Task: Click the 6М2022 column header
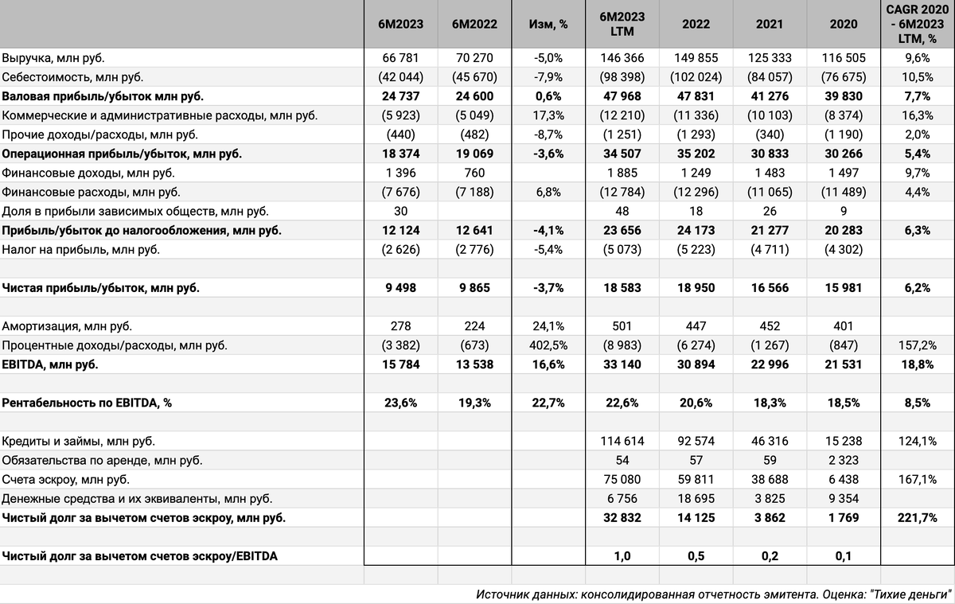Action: click(474, 24)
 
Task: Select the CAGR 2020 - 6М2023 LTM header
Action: click(918, 24)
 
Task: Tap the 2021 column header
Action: click(770, 24)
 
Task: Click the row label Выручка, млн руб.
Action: click(53, 58)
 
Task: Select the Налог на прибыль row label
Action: click(81, 250)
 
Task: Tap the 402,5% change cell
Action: click(548, 345)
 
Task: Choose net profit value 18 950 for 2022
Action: click(696, 288)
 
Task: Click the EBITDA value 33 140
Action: click(622, 364)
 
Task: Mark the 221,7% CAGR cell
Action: click(918, 518)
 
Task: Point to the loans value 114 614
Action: click(622, 442)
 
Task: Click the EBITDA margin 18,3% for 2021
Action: click(770, 403)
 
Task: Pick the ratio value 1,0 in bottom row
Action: click(622, 556)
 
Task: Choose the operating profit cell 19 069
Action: click(474, 154)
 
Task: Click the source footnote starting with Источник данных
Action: click(714, 594)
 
